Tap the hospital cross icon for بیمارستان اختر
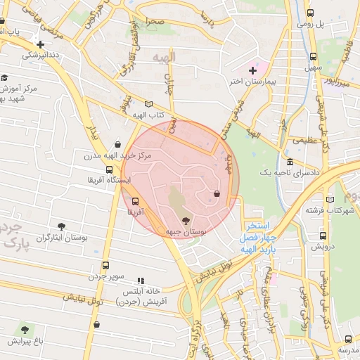[x=252, y=70]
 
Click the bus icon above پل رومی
[x=311, y=13]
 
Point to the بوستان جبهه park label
[x=186, y=231]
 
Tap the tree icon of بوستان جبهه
[x=186, y=221]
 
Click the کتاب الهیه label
[x=149, y=115]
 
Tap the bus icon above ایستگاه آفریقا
[x=109, y=169]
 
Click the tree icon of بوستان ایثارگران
[x=62, y=226]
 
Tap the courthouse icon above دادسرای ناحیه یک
[x=290, y=162]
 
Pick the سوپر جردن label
[x=105, y=277]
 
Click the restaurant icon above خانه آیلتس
[x=140, y=280]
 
